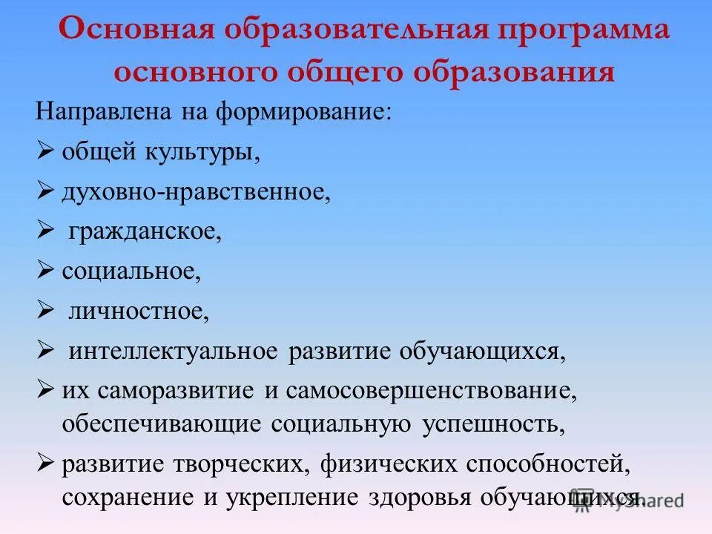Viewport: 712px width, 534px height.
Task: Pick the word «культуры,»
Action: pos(199,154)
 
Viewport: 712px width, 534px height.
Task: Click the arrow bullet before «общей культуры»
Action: pos(46,153)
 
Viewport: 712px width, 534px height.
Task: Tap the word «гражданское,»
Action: pos(146,232)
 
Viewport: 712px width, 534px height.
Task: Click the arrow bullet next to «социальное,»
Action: pos(46,270)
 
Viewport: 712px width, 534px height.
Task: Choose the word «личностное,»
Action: pos(139,310)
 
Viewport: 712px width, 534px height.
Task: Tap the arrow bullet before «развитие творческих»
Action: pos(46,463)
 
